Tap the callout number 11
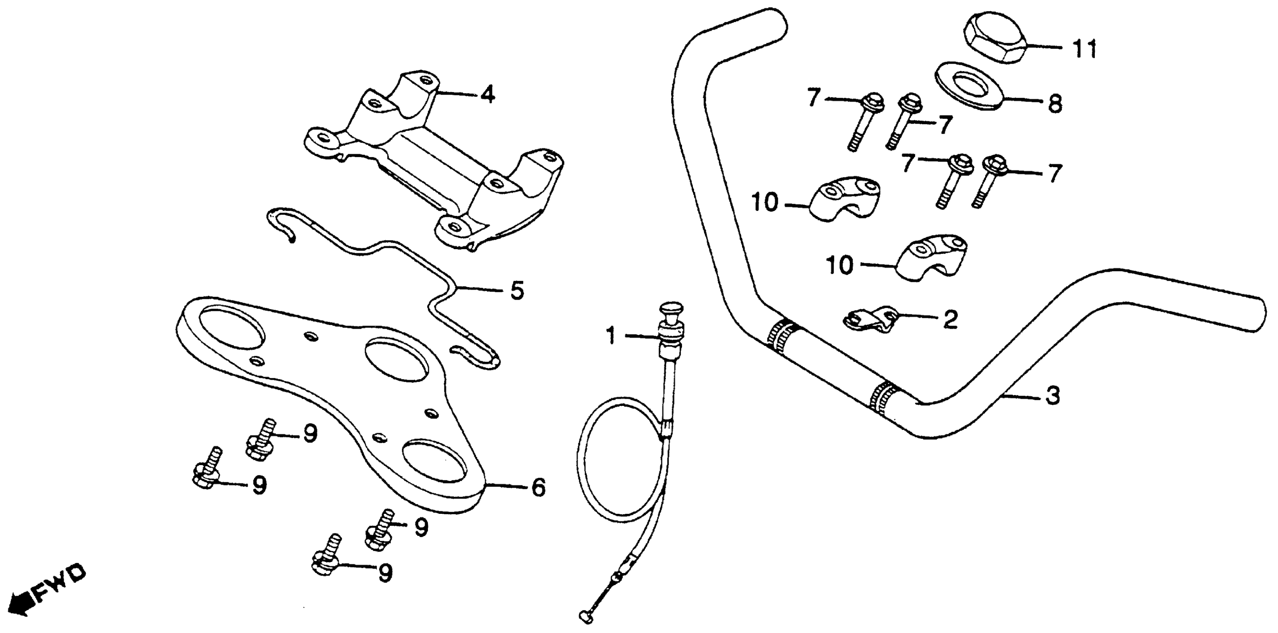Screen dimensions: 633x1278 pyautogui.click(x=1085, y=50)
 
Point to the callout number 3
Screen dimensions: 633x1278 pyautogui.click(x=1053, y=395)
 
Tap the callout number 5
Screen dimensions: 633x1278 pyautogui.click(x=517, y=291)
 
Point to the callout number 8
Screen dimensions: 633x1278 pyautogui.click(x=1055, y=105)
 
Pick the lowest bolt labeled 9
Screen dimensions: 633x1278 pyautogui.click(x=325, y=563)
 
